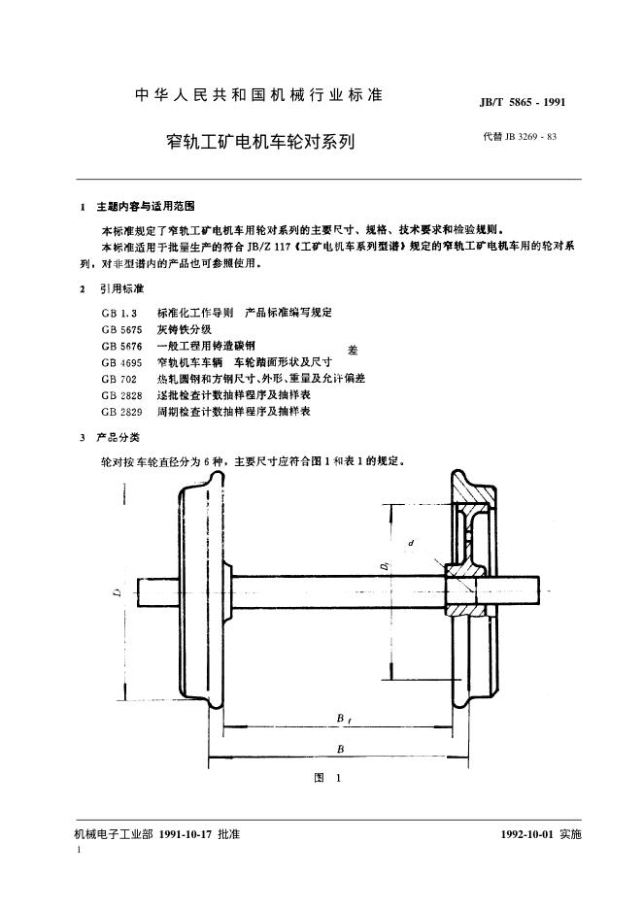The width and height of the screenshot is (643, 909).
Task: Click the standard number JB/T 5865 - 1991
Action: point(522,103)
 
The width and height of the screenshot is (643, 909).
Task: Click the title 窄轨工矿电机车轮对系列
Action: point(260,142)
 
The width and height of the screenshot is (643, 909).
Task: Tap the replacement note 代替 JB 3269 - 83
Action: point(520,137)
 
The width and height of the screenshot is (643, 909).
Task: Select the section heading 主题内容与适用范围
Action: point(146,206)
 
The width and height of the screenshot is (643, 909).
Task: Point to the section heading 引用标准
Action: point(120,288)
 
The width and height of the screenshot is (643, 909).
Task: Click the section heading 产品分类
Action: point(118,437)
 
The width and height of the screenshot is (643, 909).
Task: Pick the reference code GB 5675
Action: point(121,329)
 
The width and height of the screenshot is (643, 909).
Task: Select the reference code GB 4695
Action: point(121,362)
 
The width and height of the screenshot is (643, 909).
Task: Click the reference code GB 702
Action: point(118,379)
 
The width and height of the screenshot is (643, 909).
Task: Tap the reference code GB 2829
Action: point(121,412)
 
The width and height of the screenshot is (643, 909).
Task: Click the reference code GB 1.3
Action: point(118,313)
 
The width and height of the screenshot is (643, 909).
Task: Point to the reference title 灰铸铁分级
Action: point(185,329)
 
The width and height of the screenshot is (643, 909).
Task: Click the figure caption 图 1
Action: point(327,778)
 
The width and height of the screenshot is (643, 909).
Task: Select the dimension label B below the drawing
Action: point(340,749)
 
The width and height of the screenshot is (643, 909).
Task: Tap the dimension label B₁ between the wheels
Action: point(342,719)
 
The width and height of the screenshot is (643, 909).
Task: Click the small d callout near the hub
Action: point(411,543)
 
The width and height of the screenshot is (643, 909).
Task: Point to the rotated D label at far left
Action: point(118,591)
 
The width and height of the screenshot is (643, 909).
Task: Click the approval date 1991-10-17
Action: point(186,834)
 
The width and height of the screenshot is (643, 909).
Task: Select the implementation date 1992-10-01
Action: point(527,834)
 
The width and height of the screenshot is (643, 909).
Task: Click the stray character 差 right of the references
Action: point(353,351)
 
